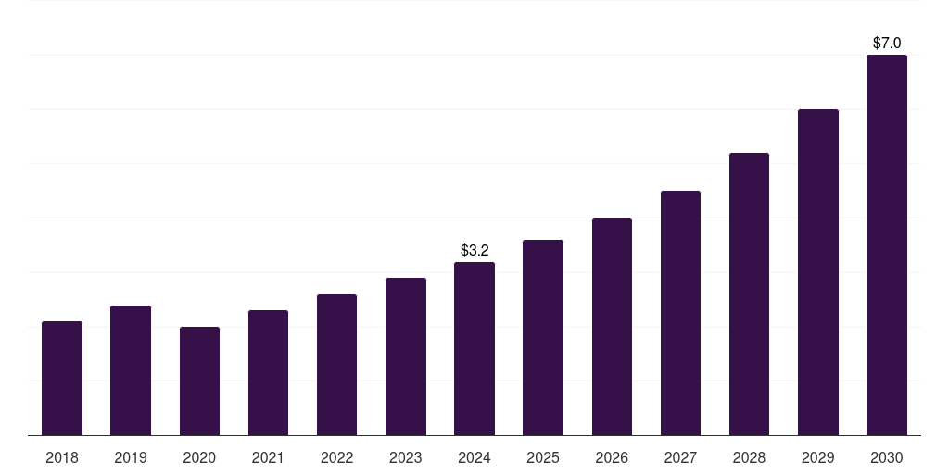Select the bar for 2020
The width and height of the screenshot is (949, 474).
(199, 380)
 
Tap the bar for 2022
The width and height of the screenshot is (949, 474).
(336, 365)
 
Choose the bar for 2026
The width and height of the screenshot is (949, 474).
(612, 327)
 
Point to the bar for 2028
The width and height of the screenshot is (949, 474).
(749, 293)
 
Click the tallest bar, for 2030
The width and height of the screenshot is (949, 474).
(887, 244)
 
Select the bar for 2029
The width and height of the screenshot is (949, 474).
(818, 272)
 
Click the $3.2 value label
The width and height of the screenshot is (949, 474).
(474, 250)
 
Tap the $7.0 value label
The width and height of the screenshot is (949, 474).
(887, 43)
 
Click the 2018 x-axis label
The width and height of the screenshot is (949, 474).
(62, 457)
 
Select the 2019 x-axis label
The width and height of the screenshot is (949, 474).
(131, 457)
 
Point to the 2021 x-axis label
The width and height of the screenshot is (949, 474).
(268, 457)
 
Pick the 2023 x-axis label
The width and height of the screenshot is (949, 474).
(406, 457)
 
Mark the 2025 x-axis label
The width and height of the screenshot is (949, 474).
(543, 457)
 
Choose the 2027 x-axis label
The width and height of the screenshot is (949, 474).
(680, 457)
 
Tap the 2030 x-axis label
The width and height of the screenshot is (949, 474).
(887, 457)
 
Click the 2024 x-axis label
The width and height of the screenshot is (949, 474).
(474, 457)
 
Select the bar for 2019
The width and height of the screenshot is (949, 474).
(131, 370)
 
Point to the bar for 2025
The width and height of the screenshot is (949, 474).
(543, 337)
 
